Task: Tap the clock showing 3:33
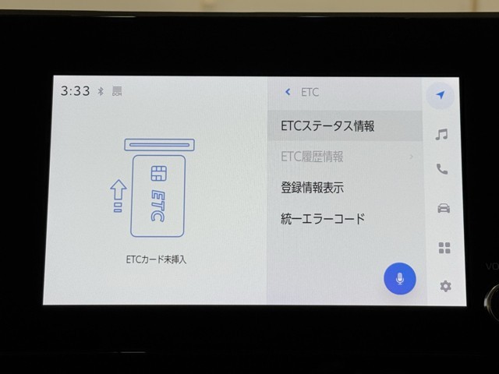point(76,91)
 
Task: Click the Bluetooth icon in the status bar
point(101,91)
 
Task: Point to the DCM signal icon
point(117,91)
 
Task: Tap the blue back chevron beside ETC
point(288,92)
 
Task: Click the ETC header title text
point(310,92)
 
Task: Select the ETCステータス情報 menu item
point(327,126)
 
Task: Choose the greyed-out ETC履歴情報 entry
point(312,157)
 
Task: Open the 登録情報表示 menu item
point(312,187)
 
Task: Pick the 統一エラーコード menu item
point(322,219)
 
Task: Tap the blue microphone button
point(400,279)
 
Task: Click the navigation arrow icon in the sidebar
point(441,94)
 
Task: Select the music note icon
point(441,134)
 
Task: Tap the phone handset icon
point(442,169)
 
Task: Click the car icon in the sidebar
point(444,208)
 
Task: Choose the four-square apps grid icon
point(444,248)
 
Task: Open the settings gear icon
point(445,286)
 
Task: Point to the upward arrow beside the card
point(118,191)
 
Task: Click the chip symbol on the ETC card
point(158,173)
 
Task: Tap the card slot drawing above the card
point(159,145)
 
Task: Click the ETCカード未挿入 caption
point(156,259)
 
